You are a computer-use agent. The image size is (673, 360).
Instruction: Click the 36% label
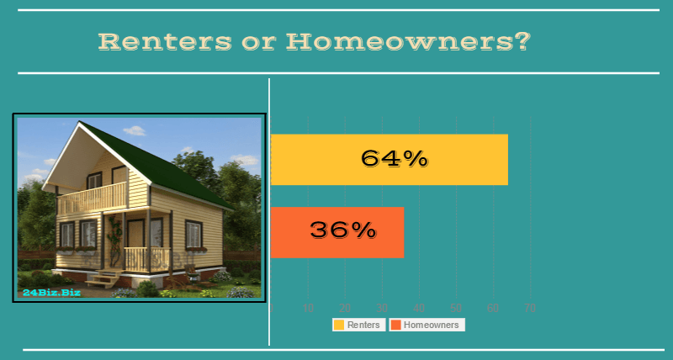point(342,230)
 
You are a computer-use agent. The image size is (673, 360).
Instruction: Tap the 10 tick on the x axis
point(308,309)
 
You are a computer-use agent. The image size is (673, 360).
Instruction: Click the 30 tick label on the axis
point(382,309)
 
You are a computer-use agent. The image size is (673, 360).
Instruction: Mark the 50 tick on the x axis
point(456,309)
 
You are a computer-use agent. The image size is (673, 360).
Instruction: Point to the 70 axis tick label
point(530,309)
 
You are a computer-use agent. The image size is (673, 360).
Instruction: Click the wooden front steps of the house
point(103,280)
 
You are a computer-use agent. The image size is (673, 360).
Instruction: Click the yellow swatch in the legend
point(339,325)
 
